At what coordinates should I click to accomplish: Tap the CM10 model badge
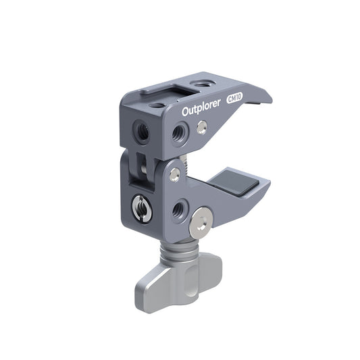235,98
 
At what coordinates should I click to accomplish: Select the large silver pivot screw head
201,224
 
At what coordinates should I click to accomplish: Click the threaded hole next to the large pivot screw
178,210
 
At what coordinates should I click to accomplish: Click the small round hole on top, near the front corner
156,106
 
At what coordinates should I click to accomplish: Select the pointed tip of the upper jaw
270,101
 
